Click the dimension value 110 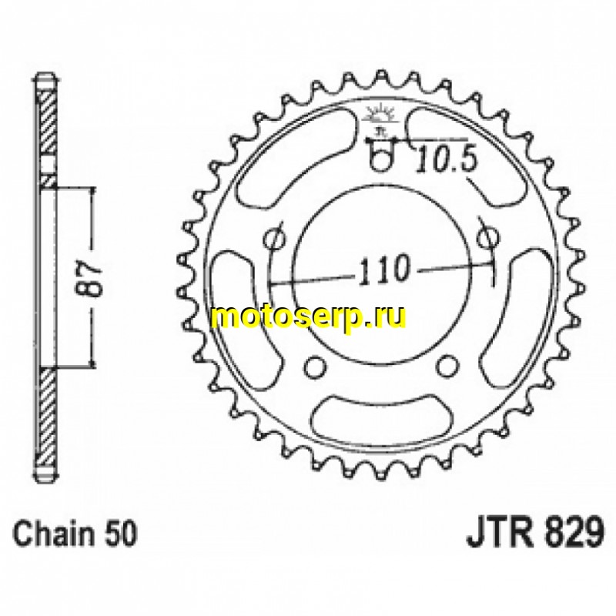[x=383, y=269]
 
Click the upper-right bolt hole [x=487, y=236]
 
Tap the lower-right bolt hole [x=448, y=363]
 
